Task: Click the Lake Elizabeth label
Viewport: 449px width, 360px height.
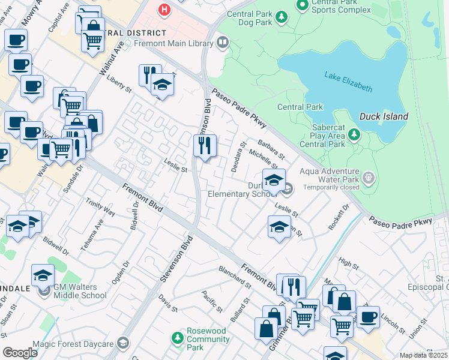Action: click(x=348, y=81)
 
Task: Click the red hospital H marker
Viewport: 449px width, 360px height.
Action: click(x=163, y=10)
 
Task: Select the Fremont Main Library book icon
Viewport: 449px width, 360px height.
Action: click(x=223, y=42)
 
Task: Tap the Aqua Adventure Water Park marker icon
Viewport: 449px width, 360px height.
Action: click(x=369, y=178)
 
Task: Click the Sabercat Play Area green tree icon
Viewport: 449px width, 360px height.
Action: click(x=355, y=134)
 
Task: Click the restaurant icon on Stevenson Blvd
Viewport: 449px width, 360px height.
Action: click(x=205, y=145)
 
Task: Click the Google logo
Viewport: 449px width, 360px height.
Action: click(x=20, y=352)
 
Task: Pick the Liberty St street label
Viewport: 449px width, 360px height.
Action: click(x=119, y=83)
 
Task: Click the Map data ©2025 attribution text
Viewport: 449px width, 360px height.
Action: click(x=423, y=355)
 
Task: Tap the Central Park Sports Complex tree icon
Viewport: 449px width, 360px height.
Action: click(x=302, y=5)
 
